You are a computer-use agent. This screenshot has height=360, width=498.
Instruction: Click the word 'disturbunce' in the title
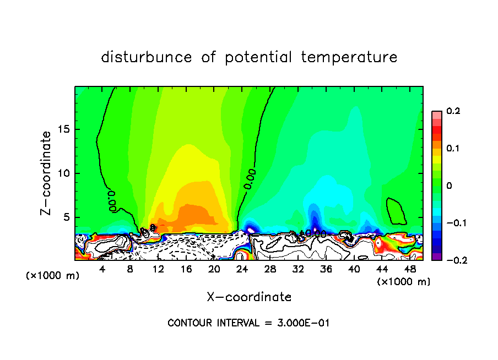(146, 57)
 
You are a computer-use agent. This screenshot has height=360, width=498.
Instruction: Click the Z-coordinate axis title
(47, 173)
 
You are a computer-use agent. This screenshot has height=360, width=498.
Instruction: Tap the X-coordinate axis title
(249, 297)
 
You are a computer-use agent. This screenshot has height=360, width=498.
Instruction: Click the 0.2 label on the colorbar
(453, 111)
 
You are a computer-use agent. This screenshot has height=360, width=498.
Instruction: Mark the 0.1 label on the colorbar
(453, 149)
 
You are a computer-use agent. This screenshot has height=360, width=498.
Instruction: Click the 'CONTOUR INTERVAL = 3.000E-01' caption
(248, 323)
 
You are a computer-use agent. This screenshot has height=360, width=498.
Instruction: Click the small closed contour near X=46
(396, 211)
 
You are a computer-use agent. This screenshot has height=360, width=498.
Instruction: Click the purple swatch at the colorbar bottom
(437, 257)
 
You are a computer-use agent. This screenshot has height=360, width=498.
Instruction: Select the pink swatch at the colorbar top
(437, 114)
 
